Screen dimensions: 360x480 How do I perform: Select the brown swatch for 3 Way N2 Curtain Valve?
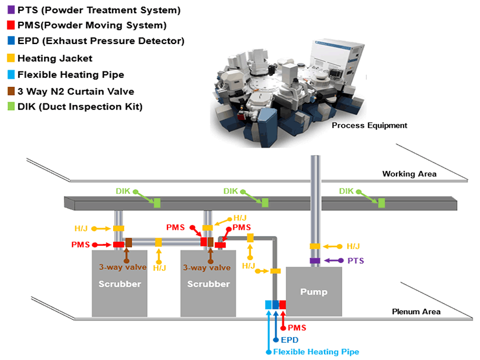pos(11,91)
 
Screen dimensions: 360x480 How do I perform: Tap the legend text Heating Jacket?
pos(55,58)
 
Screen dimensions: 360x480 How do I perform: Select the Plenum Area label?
pos(415,311)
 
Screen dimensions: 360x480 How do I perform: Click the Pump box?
pos(314,292)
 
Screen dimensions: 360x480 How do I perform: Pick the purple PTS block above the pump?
pos(315,261)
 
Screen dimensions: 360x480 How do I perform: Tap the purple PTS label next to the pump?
pos(355,261)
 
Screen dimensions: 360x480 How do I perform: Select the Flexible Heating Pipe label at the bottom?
pos(316,351)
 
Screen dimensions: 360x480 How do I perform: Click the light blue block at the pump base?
pos(269,305)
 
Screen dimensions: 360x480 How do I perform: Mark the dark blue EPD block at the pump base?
pos(275,305)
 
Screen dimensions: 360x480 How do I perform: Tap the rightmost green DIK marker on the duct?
pos(381,202)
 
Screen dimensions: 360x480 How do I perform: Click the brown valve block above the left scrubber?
pos(129,242)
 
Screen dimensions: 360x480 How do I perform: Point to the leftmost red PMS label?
pos(80,245)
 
